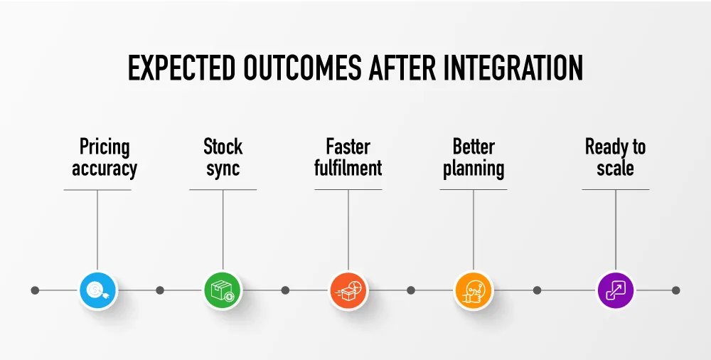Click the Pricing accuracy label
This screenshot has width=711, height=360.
coord(105,158)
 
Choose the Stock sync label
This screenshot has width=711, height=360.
coord(223,158)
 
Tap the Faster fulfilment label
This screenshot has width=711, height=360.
coord(348,158)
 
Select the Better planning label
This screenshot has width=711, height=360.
coord(474,158)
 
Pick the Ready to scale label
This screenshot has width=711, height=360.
coord(615,158)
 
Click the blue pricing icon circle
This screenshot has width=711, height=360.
coord(97,290)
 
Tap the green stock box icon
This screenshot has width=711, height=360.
coord(223,290)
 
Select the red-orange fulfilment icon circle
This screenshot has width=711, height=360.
coord(348,290)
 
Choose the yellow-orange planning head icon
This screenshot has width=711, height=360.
coord(474,290)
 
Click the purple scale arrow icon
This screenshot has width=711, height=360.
coord(615,290)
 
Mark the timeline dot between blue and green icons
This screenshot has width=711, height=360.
coord(160,290)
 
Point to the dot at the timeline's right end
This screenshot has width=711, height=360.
coord(675,290)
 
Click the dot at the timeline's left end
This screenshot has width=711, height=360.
coord(35,290)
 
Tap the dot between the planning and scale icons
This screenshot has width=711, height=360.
coord(537,290)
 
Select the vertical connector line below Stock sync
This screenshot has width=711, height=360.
coord(223,228)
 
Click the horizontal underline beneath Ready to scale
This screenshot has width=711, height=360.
coord(615,189)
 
